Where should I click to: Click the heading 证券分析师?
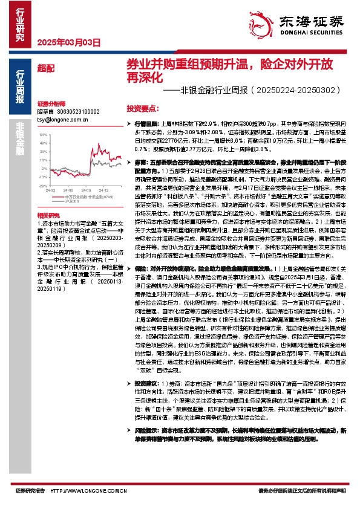(x=47, y=104)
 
